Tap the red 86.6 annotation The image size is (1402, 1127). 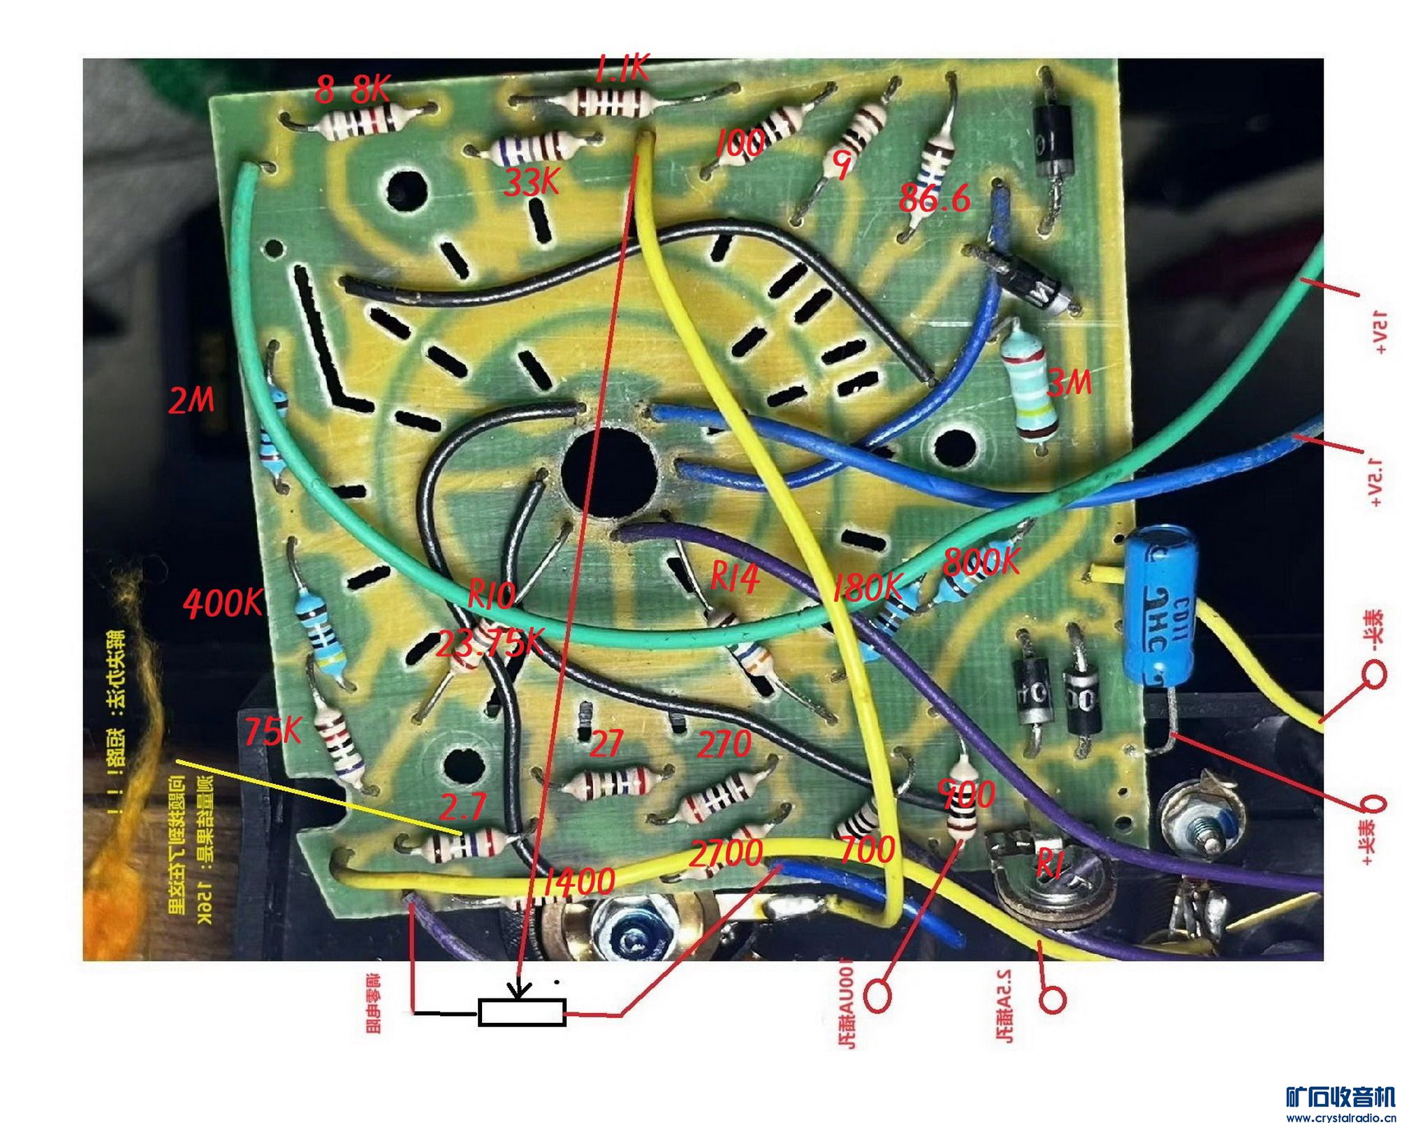(x=934, y=199)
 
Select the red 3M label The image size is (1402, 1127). (x=1069, y=383)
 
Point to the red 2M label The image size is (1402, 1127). (x=191, y=401)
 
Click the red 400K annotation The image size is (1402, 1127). (x=223, y=602)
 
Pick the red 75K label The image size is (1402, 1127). (x=272, y=731)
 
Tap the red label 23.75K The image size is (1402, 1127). (x=489, y=643)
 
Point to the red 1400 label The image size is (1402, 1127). (x=579, y=881)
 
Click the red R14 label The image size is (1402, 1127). (x=735, y=578)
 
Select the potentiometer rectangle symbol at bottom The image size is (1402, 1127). (x=522, y=1012)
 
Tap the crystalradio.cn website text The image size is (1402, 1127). (x=1341, y=1119)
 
